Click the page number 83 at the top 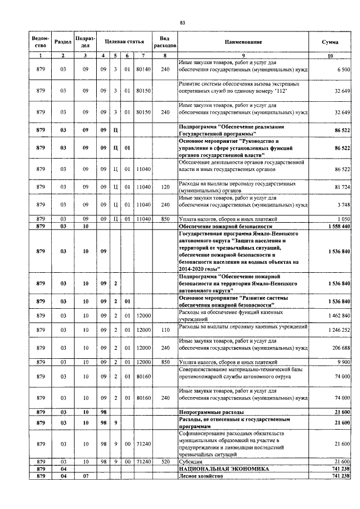click(x=182, y=22)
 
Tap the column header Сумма click(x=330, y=42)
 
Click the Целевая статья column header click(x=124, y=42)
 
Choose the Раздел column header click(x=62, y=42)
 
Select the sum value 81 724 click(x=340, y=186)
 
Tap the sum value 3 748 click(x=343, y=205)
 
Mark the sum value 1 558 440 click(x=337, y=225)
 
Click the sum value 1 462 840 click(x=337, y=316)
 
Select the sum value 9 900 click(x=343, y=363)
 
